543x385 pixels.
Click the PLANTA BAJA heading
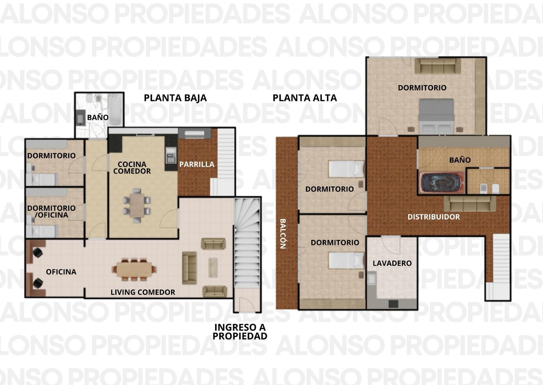tap(175, 98)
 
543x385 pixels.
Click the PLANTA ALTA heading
tap(305, 98)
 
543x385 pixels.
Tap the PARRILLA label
tap(197, 164)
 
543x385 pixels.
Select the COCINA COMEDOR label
tap(132, 168)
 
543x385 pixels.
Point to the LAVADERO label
tap(392, 263)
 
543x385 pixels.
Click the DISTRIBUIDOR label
tap(434, 217)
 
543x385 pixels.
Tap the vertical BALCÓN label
tap(283, 234)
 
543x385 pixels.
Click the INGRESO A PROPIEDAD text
tap(240, 332)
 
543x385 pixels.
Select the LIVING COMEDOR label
tap(143, 292)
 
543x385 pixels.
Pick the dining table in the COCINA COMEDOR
tap(137, 205)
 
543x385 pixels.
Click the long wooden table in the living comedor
tap(134, 269)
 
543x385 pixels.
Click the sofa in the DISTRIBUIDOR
tap(470, 204)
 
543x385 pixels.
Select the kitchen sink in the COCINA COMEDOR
tap(171, 155)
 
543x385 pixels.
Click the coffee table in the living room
tap(213, 267)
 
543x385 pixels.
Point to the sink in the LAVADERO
tap(371, 279)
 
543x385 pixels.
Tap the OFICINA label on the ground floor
tap(61, 272)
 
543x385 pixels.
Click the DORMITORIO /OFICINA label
tap(51, 211)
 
